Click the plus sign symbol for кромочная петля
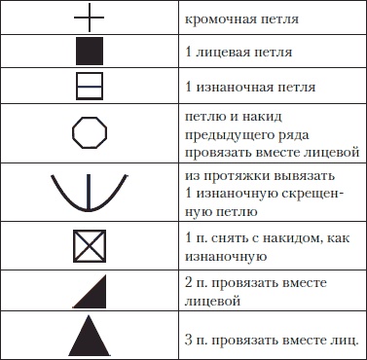click(x=89, y=17)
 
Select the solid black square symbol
click(x=89, y=51)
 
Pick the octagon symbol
click(x=89, y=132)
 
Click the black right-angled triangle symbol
click(x=89, y=291)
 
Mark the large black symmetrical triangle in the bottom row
click(x=89, y=336)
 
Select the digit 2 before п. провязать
click(x=187, y=283)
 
